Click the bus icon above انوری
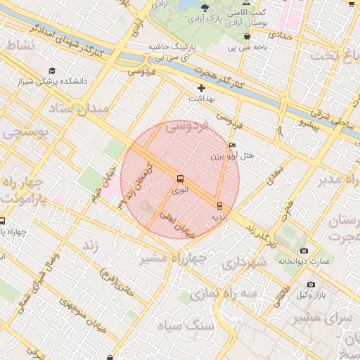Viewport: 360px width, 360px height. (180, 179)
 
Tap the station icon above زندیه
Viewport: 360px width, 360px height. (219, 206)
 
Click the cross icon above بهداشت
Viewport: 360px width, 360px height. (202, 88)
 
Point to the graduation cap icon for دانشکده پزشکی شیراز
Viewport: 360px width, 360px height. (52, 71)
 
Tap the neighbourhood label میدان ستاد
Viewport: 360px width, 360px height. (79, 110)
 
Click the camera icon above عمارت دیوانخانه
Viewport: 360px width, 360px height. (304, 250)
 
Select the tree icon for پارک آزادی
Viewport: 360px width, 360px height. (205, 7)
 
